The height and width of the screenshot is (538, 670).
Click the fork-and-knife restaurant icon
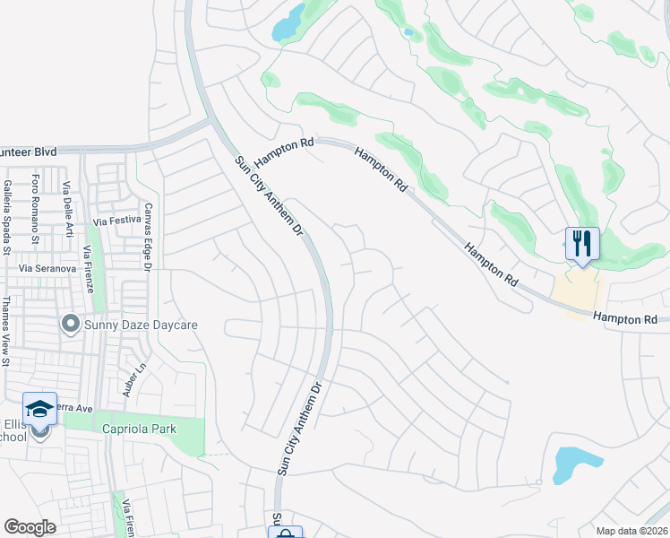coord(582,242)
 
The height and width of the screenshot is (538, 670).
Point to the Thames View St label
coord(6,331)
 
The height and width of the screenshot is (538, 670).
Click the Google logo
coord(30,527)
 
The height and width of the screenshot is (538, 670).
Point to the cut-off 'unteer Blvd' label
coord(29,152)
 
